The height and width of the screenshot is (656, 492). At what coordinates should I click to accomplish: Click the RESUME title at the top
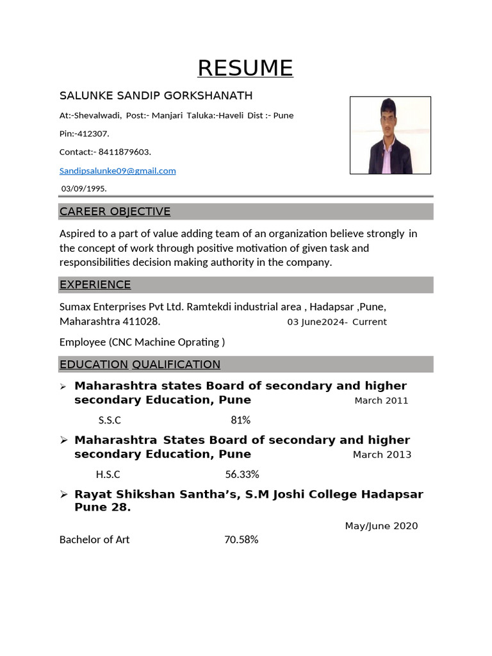[245, 68]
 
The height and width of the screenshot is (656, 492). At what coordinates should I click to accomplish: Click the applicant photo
[390, 135]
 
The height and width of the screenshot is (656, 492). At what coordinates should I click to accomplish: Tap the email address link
[117, 171]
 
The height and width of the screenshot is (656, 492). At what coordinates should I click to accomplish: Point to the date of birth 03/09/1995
[84, 188]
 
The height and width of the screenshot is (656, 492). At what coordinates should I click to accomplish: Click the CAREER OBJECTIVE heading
[115, 211]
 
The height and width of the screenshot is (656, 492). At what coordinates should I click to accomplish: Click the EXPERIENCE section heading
[95, 284]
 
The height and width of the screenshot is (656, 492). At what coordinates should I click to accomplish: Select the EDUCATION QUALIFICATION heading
[140, 365]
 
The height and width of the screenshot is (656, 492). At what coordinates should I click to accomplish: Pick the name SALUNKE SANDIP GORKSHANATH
[156, 96]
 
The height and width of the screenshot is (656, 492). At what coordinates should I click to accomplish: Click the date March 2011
[381, 401]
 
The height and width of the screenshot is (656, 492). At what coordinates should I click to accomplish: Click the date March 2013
[382, 455]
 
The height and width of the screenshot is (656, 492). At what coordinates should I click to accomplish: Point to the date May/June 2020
[381, 526]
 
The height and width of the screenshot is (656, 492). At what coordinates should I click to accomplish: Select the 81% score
[240, 420]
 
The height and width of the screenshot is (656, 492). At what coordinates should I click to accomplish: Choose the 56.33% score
[242, 475]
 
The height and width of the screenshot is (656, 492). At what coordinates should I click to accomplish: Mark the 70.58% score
[241, 540]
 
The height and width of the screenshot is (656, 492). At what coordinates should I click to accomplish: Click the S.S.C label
[110, 420]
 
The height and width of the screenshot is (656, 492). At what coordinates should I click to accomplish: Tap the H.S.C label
[108, 475]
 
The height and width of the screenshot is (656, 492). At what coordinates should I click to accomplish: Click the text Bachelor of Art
[94, 540]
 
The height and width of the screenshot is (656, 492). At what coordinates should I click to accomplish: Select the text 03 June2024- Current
[336, 322]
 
